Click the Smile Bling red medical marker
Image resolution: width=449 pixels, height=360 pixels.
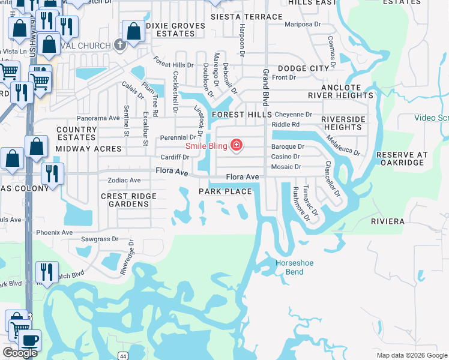click(237, 145)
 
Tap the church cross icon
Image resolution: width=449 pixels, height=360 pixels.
click(119, 45)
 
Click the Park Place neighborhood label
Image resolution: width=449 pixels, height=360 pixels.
click(225, 191)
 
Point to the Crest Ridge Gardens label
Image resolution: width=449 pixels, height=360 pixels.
click(128, 200)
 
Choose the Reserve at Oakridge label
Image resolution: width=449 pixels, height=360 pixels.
click(402, 158)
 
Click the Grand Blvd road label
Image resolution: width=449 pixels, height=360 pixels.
click(265, 86)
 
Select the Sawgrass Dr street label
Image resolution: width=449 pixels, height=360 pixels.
click(100, 238)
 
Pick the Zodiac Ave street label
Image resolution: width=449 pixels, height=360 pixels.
click(124, 180)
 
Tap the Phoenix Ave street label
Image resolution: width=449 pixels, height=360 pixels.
click(54, 232)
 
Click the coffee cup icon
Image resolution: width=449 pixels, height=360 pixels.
click(29, 340)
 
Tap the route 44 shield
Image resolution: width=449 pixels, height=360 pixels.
click(122, 356)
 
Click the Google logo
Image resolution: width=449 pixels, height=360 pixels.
click(20, 353)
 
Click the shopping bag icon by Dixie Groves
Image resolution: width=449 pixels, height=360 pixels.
click(133, 31)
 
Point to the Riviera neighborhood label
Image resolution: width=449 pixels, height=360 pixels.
click(388, 221)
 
